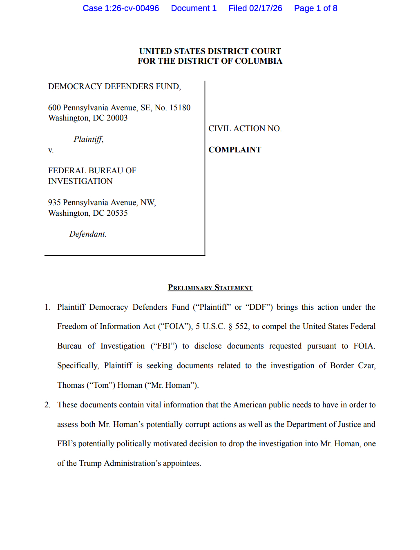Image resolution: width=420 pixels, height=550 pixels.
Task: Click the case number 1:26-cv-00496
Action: pyautogui.click(x=132, y=8)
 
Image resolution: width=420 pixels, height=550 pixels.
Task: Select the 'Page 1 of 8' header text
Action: pyautogui.click(x=315, y=8)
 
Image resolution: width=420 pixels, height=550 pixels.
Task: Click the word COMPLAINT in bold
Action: pyautogui.click(x=235, y=150)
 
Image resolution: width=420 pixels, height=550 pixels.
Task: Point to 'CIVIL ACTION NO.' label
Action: pyautogui.click(x=245, y=128)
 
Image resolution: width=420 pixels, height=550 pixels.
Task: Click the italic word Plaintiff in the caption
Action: pyautogui.click(x=88, y=139)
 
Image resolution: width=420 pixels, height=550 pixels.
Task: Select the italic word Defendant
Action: pyautogui.click(x=87, y=234)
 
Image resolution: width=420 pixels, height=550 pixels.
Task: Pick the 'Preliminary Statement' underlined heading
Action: pyautogui.click(x=210, y=288)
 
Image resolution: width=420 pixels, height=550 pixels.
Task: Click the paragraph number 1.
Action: pyautogui.click(x=47, y=307)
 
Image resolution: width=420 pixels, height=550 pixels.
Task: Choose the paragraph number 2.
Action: pyautogui.click(x=47, y=405)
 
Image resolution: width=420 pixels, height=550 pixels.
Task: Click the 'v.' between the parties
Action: pyautogui.click(x=51, y=150)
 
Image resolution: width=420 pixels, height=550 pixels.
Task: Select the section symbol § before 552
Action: pyautogui.click(x=230, y=326)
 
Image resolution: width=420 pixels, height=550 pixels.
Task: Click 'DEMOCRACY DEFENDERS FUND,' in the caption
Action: pyautogui.click(x=114, y=86)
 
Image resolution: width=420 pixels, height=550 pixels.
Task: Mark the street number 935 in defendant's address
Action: pyautogui.click(x=54, y=202)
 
